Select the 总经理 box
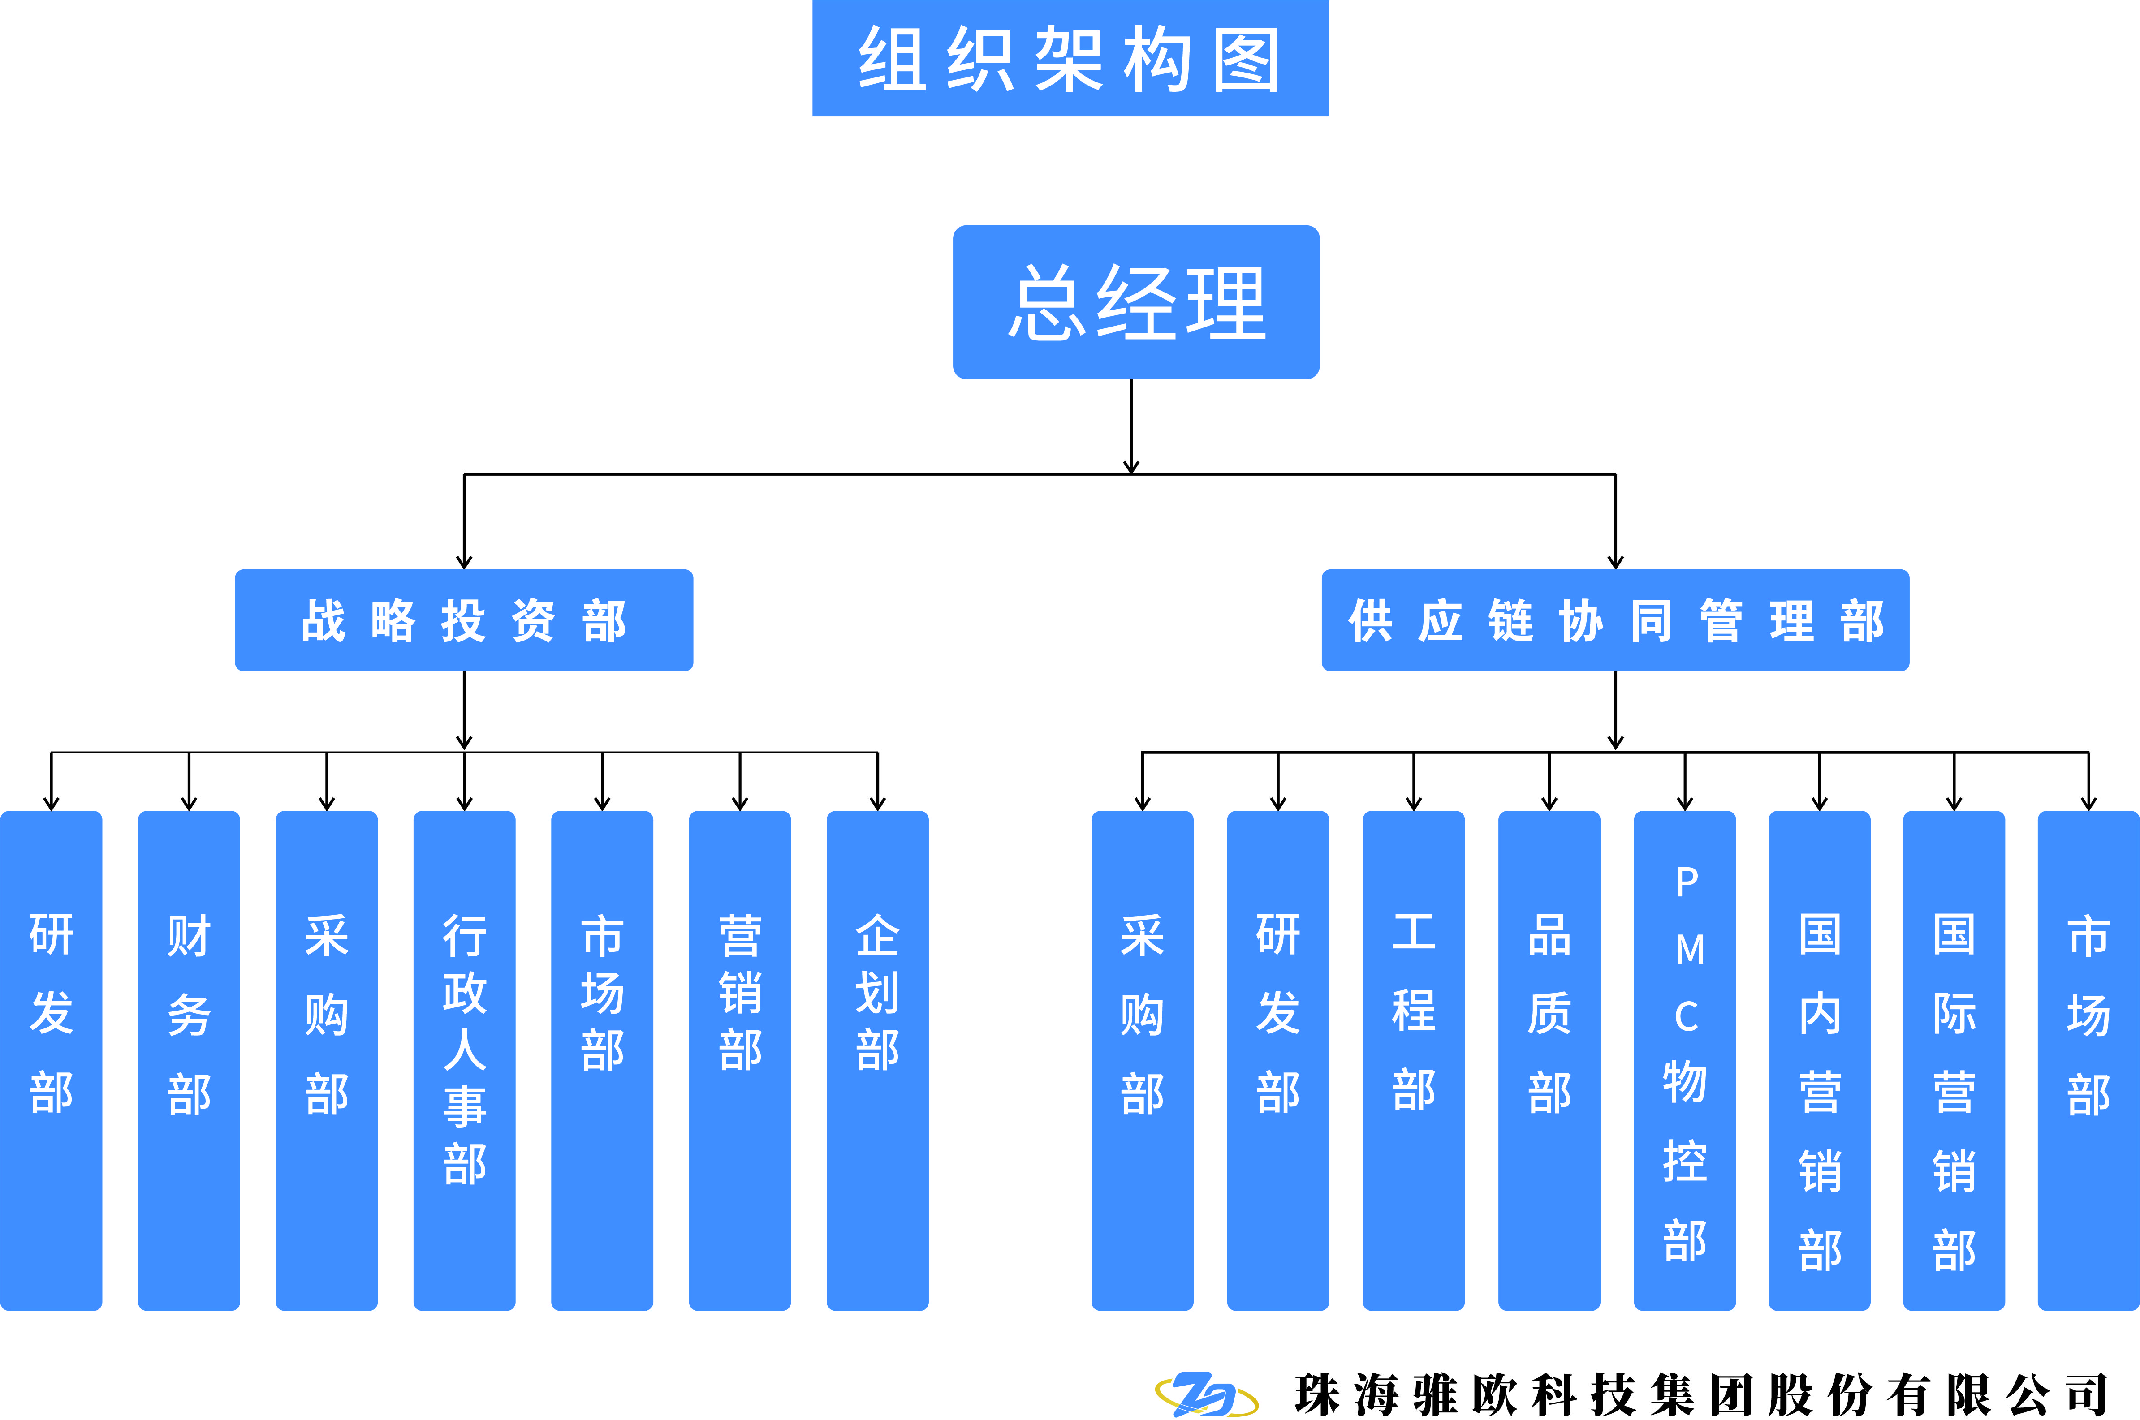1136,302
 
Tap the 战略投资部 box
464,620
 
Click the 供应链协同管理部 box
1615,620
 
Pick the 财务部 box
188,1059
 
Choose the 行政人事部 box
464,1059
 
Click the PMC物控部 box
1684,1059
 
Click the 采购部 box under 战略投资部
326,1059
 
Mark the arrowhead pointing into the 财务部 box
188,803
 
